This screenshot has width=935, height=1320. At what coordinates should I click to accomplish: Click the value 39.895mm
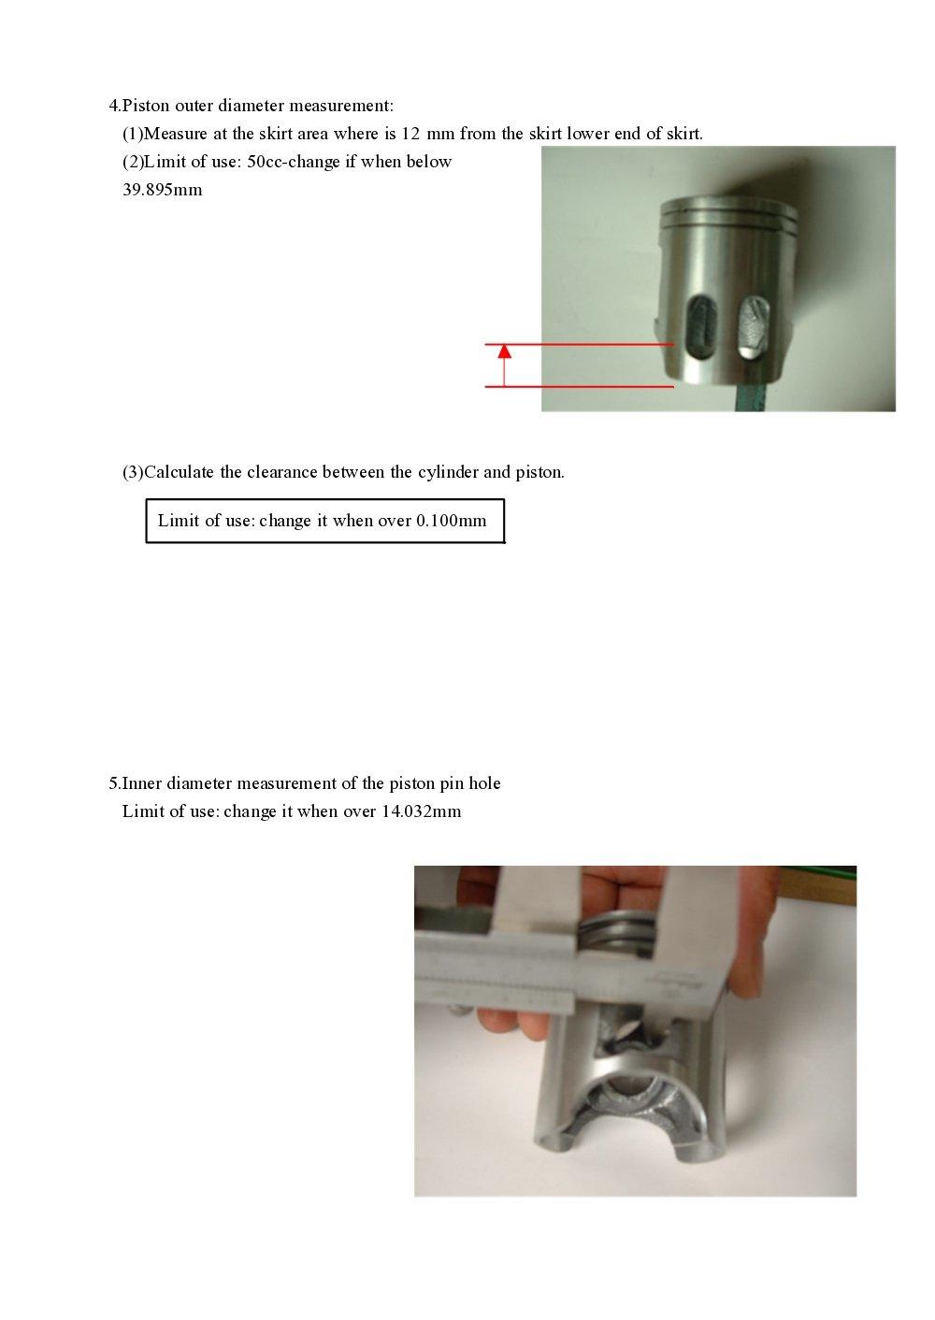[162, 190]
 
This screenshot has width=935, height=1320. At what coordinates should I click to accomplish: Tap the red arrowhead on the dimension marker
[505, 352]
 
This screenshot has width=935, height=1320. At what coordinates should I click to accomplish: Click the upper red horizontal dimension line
[580, 345]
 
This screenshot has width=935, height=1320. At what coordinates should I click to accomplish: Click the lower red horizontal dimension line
[580, 386]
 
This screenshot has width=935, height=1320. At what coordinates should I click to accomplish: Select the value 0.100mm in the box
[451, 521]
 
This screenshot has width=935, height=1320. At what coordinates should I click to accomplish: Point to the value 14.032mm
[421, 811]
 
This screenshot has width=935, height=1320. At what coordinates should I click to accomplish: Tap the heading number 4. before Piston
[114, 106]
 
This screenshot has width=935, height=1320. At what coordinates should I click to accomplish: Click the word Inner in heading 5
[141, 783]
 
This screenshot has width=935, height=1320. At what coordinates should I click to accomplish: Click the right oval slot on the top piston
[754, 327]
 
